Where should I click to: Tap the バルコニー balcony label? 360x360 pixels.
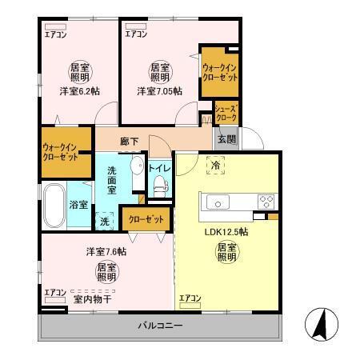160,326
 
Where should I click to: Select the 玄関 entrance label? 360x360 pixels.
225,138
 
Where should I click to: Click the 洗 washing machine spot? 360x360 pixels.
105,220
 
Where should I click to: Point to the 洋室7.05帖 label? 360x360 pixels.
159,91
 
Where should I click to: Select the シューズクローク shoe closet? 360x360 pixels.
226,114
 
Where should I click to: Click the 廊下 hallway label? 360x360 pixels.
129,141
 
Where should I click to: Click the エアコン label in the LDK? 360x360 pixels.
190,298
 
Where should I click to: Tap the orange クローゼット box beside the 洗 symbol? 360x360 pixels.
146,218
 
